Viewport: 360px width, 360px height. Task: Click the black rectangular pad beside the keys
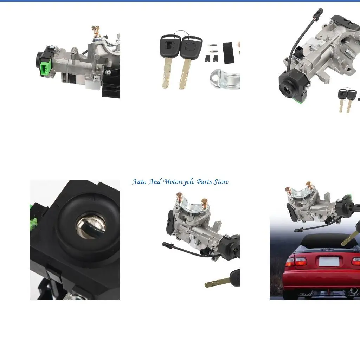[x=229, y=53]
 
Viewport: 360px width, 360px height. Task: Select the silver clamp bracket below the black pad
[x=225, y=79]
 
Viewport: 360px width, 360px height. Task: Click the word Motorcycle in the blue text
[x=179, y=182]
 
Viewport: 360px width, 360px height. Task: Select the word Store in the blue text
[x=221, y=182]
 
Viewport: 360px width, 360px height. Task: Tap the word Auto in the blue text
[x=139, y=182]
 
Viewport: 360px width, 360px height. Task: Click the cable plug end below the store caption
[x=166, y=244]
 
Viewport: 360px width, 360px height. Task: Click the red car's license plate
[x=329, y=262]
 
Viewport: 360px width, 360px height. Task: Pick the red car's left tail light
[x=296, y=261]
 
